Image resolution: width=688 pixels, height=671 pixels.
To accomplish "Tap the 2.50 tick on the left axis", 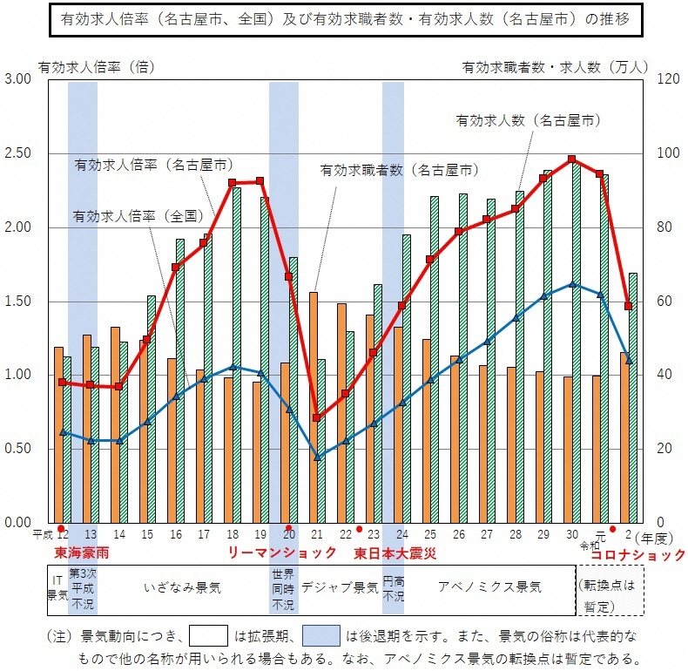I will (x=18, y=153).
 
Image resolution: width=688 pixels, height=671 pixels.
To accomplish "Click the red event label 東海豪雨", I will (x=82, y=553).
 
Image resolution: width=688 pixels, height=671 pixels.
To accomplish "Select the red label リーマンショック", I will (x=282, y=553).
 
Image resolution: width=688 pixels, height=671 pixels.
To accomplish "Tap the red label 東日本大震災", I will (x=395, y=553).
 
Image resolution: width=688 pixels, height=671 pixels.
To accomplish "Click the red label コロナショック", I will (x=638, y=554).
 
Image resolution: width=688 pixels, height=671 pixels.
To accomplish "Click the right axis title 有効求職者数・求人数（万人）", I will (x=555, y=65).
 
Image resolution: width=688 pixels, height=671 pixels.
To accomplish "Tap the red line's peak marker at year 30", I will (x=572, y=159).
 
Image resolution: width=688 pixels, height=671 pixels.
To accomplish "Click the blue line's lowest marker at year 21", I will (x=317, y=457).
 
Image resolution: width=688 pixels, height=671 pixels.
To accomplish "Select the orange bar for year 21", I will (x=313, y=407).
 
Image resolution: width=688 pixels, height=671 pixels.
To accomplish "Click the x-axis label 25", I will (x=430, y=534).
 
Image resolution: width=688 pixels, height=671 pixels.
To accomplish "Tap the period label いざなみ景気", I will (x=182, y=587).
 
